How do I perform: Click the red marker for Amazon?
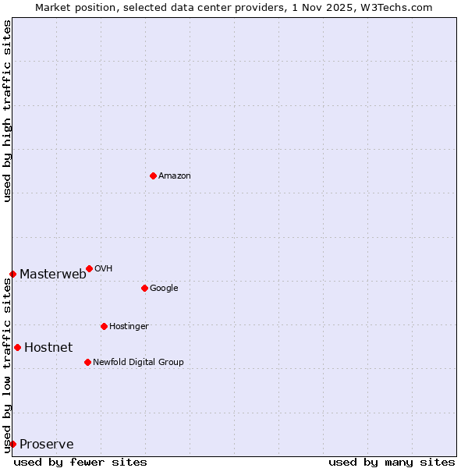(153, 175)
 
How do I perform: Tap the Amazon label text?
(174, 176)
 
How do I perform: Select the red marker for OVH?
(89, 268)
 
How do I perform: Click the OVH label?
(103, 269)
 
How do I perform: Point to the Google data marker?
(144, 288)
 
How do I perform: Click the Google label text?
(164, 289)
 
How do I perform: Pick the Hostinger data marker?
(104, 326)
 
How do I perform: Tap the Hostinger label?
(129, 327)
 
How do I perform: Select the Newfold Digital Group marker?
(87, 362)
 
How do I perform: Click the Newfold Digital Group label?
(138, 363)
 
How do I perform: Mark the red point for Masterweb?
(12, 274)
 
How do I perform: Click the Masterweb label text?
(52, 274)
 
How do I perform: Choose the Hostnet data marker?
(17, 347)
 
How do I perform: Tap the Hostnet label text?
(48, 348)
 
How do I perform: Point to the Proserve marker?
(12, 444)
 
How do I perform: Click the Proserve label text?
(47, 445)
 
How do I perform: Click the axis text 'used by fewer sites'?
(80, 462)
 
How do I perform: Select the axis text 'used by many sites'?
(392, 462)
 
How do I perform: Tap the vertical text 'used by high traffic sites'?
(7, 111)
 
